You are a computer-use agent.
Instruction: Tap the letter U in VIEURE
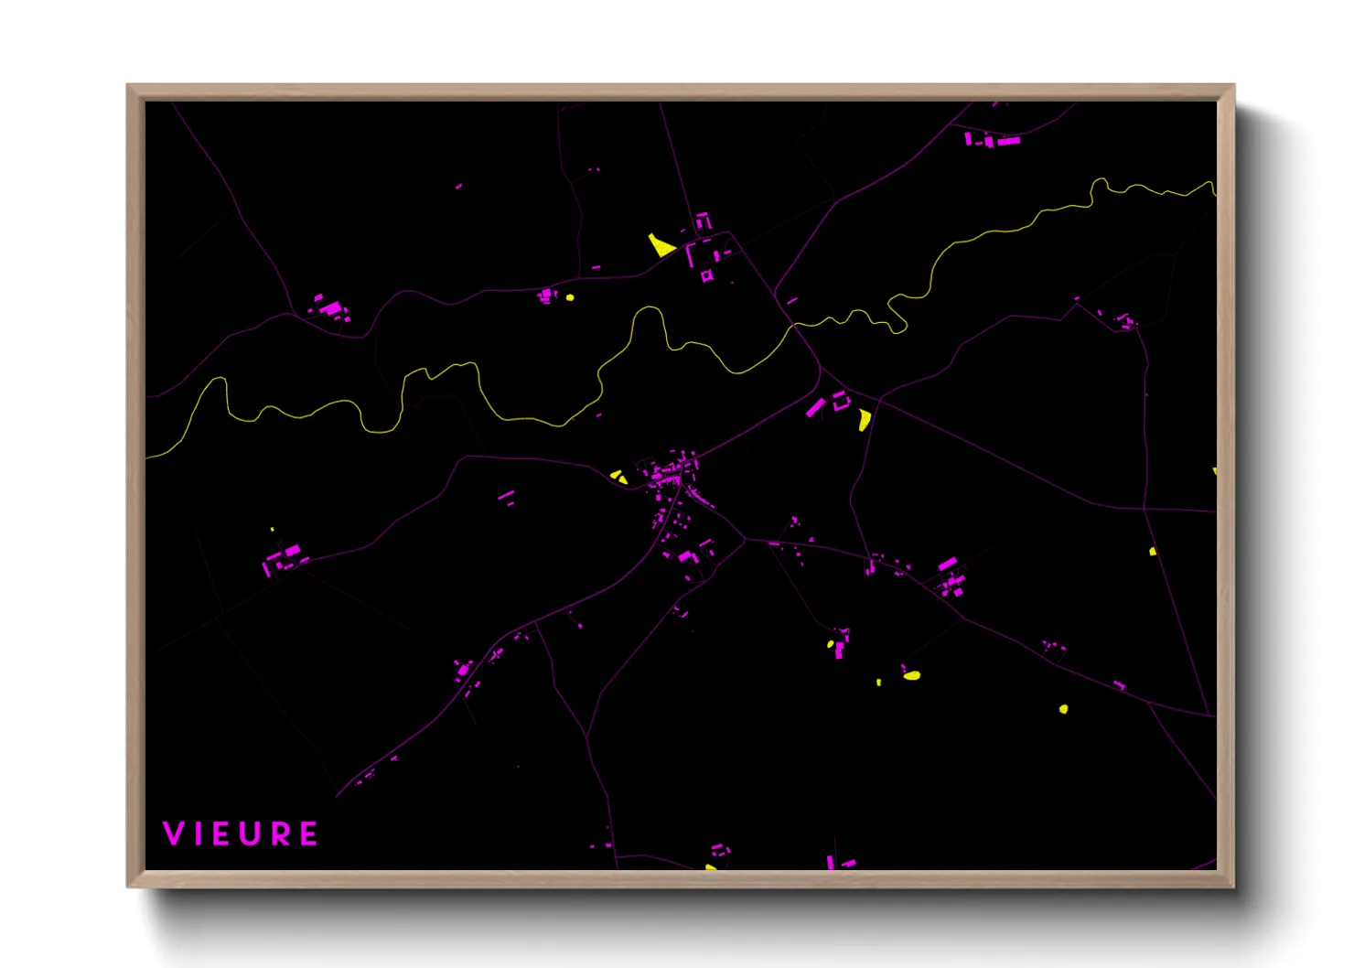point(253,834)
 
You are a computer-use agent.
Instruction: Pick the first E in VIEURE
point(223,834)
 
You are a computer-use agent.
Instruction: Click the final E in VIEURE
point(309,834)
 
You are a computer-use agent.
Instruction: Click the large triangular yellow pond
point(661,244)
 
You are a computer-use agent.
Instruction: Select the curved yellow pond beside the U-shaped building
point(864,419)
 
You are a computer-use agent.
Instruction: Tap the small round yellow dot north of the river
point(570,296)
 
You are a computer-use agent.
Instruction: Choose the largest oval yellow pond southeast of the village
point(911,675)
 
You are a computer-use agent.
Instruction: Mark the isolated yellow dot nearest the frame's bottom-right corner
point(1063,709)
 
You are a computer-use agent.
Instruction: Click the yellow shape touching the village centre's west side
point(619,477)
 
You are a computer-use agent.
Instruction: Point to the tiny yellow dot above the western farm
point(272,529)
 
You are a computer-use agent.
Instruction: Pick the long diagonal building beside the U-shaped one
point(814,407)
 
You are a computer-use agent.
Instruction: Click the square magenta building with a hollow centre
point(706,274)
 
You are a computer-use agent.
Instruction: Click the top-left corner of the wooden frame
point(128,85)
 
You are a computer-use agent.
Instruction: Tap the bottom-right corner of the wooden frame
point(1233,886)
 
